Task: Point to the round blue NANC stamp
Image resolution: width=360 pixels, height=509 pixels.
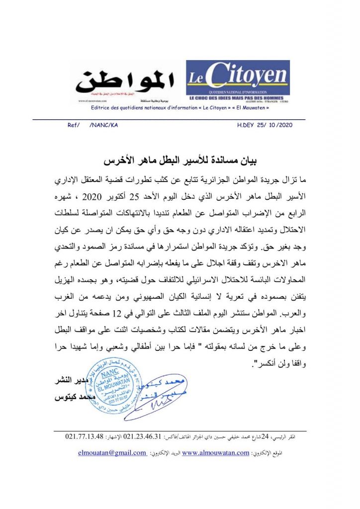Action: coord(111,386)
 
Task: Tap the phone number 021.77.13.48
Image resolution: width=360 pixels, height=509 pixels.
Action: coord(84,437)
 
